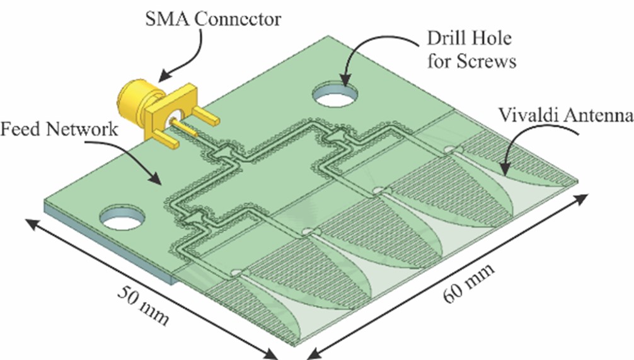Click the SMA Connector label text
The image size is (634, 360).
[212, 19]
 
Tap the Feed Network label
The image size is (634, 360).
[59, 129]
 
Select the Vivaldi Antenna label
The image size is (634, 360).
[566, 115]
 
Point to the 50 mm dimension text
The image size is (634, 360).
[143, 305]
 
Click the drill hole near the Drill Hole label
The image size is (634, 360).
[336, 94]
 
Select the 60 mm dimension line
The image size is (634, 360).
[446, 277]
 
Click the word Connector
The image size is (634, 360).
[238, 19]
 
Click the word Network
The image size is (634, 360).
[82, 129]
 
